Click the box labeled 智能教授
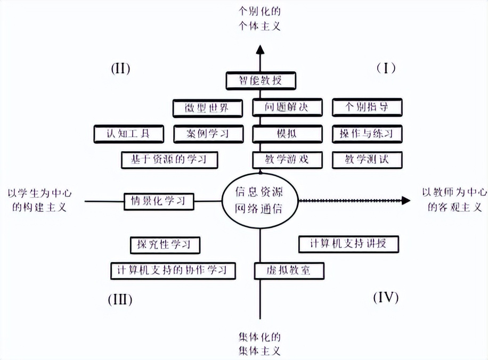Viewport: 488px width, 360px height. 260,80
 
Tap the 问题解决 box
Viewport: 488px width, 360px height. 287,107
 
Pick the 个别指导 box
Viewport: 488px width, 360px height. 367,107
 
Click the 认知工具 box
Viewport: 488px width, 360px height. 127,133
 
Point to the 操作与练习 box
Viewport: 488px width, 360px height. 367,133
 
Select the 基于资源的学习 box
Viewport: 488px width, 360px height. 170,159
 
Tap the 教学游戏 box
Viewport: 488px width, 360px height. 287,159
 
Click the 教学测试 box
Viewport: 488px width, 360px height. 367,159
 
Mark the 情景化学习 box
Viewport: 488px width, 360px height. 158,201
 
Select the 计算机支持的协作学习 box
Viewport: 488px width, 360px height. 173,270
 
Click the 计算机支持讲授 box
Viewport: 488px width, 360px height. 348,244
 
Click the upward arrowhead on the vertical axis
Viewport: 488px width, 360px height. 260,50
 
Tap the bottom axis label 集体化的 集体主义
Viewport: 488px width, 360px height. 259,344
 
